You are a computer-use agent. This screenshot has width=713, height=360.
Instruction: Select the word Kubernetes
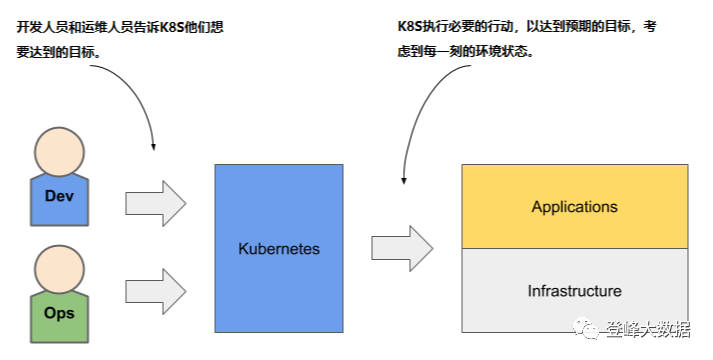pos(279,248)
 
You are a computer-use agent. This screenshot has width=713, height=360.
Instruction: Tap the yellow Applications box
pos(575,207)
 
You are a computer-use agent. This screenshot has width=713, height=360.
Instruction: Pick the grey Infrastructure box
pos(575,290)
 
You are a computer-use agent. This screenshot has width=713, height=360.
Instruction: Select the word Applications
pos(574,207)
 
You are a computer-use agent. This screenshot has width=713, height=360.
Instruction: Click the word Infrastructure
pos(574,291)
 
